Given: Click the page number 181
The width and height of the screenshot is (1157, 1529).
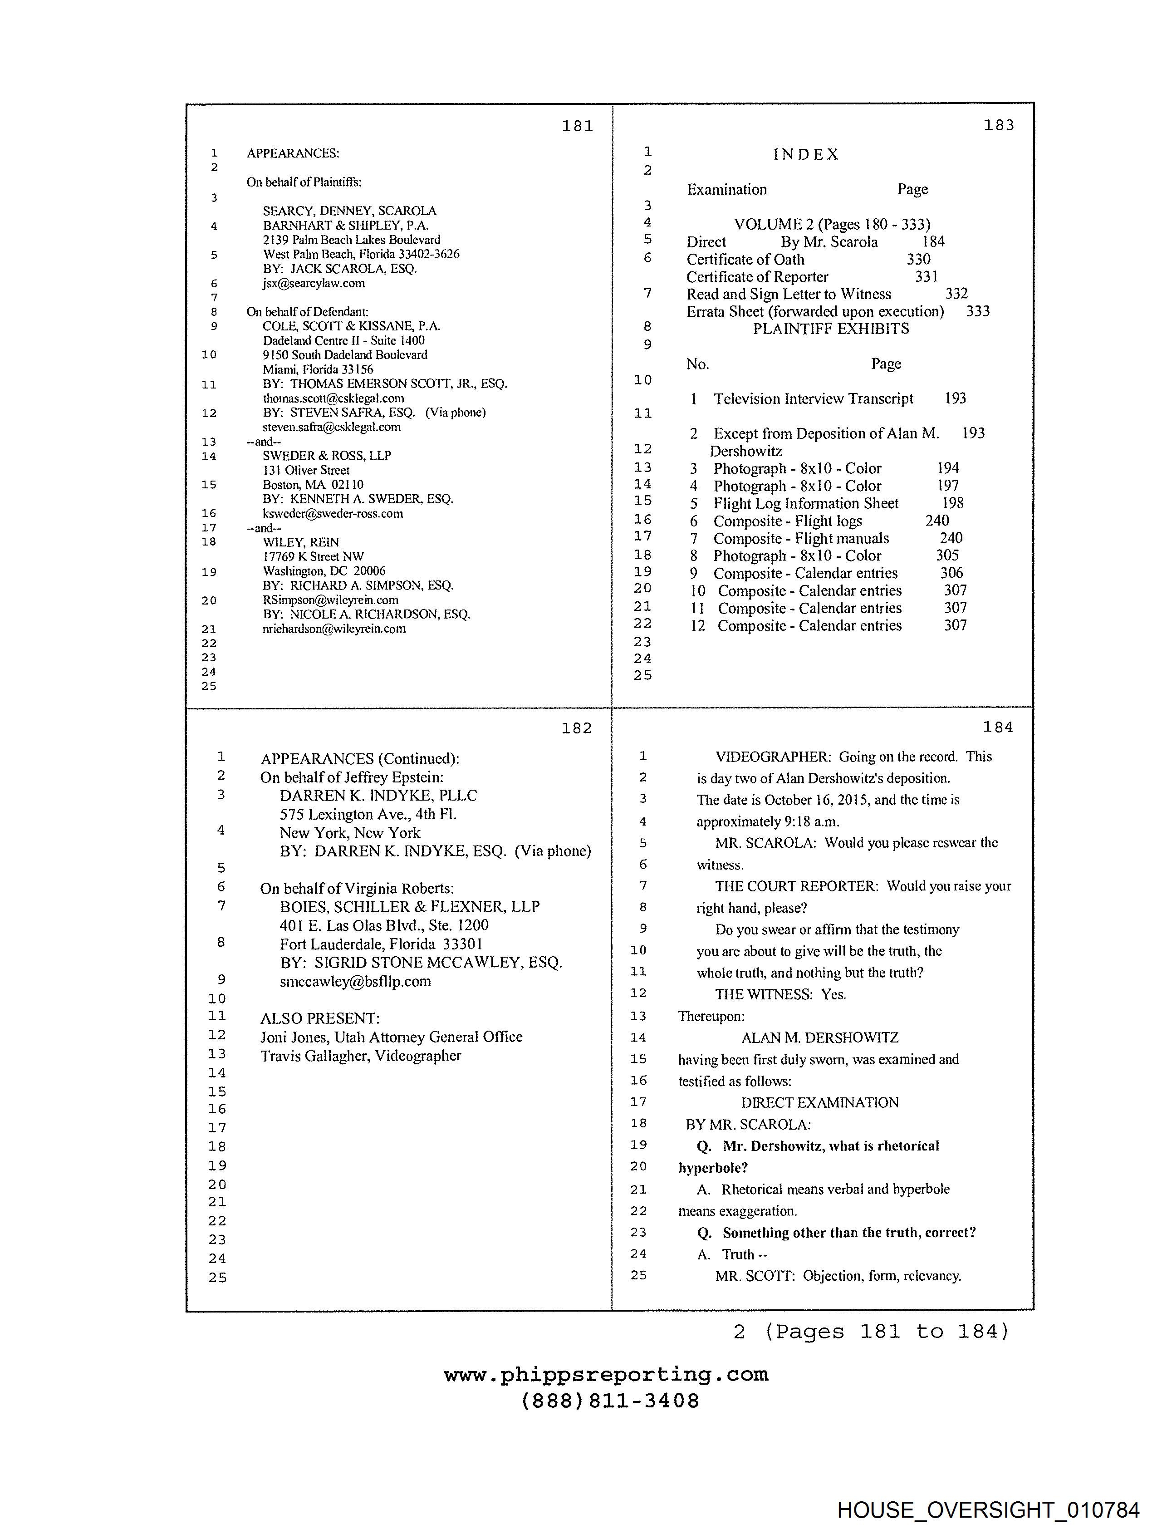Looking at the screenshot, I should pyautogui.click(x=577, y=126).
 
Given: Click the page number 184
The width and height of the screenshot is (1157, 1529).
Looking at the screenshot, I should pyautogui.click(x=998, y=727).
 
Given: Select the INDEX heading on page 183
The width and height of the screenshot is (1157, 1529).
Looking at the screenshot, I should pyautogui.click(x=805, y=154).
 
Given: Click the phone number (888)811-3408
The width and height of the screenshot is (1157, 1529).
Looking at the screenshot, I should pyautogui.click(x=610, y=1401).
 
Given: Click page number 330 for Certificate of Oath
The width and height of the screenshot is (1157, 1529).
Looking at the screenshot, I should pyautogui.click(x=918, y=259).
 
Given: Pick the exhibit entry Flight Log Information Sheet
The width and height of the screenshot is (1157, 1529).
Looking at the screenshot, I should pyautogui.click(x=806, y=503).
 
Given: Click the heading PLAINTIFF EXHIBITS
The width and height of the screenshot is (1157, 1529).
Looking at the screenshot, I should pyautogui.click(x=831, y=329).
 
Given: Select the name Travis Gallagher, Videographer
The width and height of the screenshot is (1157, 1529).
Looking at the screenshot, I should pyautogui.click(x=360, y=1056).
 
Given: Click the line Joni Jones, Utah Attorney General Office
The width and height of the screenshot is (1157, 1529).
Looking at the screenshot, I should pyautogui.click(x=391, y=1037).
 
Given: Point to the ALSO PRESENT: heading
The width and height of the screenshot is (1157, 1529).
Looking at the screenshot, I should pyautogui.click(x=320, y=1018).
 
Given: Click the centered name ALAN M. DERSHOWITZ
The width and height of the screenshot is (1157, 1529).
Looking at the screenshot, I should pyautogui.click(x=820, y=1037).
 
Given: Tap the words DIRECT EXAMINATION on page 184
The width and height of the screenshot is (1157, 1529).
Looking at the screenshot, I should pyautogui.click(x=820, y=1102).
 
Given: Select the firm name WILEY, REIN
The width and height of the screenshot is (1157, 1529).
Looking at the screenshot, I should pyautogui.click(x=301, y=542).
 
